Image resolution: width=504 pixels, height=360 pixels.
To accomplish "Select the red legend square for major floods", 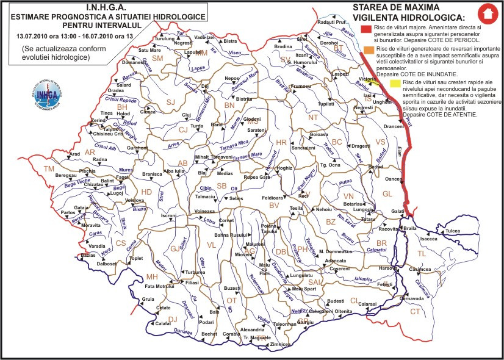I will point(366,29).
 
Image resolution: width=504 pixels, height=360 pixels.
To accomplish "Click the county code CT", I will point(416,311).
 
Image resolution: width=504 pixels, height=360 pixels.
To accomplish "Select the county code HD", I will point(146,192).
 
